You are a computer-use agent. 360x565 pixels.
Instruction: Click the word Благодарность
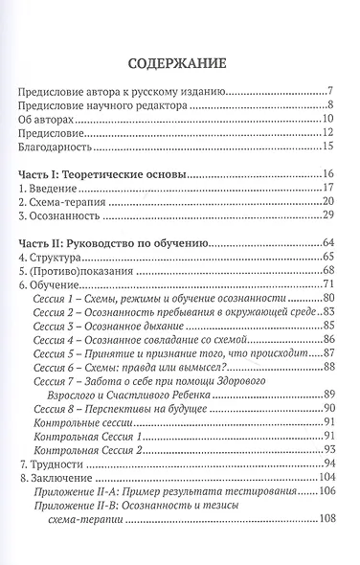click(60, 147)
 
